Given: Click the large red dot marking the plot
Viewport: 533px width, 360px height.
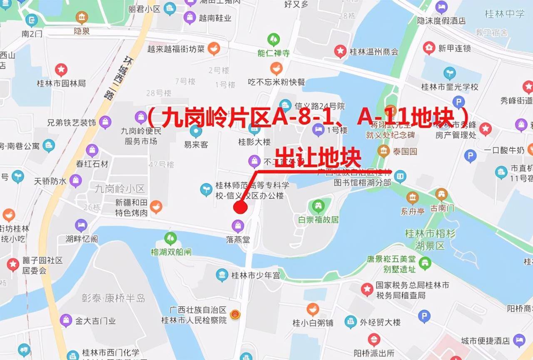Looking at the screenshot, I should tap(240, 207).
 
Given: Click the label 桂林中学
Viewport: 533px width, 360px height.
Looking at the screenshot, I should tap(505, 14).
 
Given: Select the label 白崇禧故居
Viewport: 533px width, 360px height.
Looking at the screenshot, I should tap(319, 220).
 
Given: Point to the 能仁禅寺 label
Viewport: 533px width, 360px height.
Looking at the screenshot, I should tap(274, 53).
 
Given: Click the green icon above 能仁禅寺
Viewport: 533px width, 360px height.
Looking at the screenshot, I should tap(274, 40).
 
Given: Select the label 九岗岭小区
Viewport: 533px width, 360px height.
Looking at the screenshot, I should tap(120, 189).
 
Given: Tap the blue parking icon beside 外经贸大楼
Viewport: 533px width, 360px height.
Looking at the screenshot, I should tap(424, 317).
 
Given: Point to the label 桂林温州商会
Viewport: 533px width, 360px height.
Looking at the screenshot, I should tap(374, 52).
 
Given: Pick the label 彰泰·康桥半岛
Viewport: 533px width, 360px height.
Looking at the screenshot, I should tap(113, 298).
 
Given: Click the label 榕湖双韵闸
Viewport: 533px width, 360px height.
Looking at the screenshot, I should tap(171, 252).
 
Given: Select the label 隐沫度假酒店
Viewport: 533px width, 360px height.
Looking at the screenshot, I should tap(441, 20).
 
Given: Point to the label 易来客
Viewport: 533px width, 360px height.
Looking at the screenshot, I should tap(196, 145).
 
